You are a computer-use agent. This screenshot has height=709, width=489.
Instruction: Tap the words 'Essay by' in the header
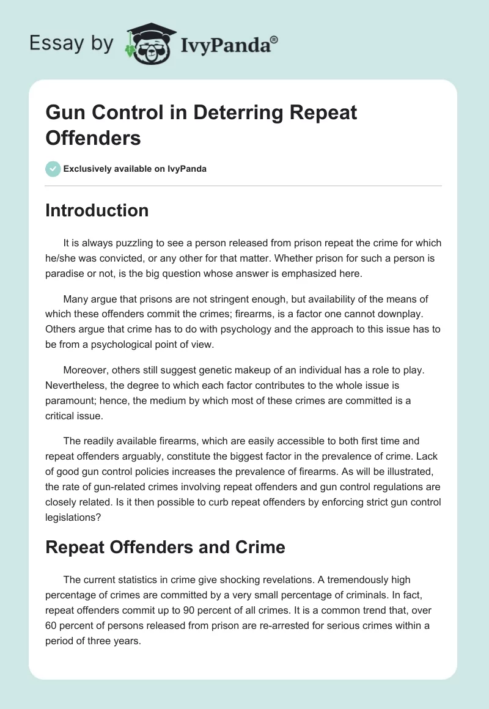(x=72, y=43)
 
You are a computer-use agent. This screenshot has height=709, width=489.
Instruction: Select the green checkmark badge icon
(x=53, y=169)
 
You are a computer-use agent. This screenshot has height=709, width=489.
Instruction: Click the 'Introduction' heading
(x=97, y=210)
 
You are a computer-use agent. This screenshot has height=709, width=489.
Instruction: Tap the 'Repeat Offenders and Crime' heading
(x=166, y=546)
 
